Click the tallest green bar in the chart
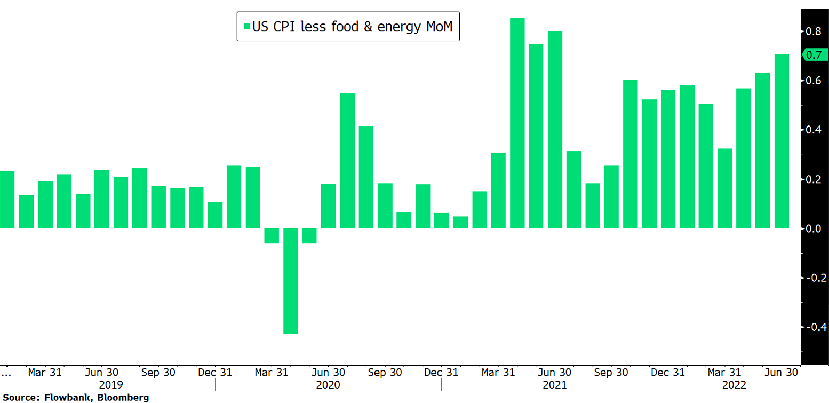click(x=517, y=123)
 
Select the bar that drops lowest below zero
click(x=290, y=281)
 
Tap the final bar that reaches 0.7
click(x=782, y=141)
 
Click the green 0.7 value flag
click(x=815, y=54)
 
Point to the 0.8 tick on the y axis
click(x=813, y=31)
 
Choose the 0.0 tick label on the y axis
click(x=813, y=228)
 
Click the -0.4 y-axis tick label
click(x=812, y=327)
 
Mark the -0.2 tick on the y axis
click(x=812, y=278)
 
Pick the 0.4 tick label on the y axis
click(x=813, y=130)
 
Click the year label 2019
click(x=111, y=384)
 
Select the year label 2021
click(x=555, y=384)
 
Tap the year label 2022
click(x=734, y=384)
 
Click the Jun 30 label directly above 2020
click(x=328, y=372)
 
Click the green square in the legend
click(x=246, y=26)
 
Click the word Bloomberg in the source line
click(x=125, y=398)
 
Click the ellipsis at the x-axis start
click(x=6, y=370)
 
